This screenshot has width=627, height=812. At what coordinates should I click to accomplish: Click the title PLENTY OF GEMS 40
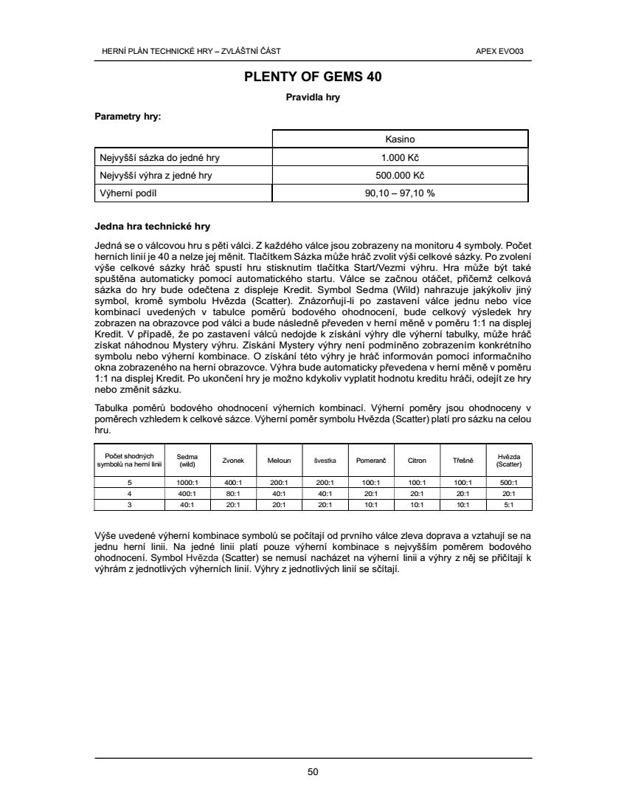pyautogui.click(x=313, y=76)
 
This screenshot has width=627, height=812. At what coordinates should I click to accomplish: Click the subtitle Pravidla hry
pyautogui.click(x=313, y=97)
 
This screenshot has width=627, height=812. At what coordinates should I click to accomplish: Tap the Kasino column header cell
pyautogui.click(x=400, y=139)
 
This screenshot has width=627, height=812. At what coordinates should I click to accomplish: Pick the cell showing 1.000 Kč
pyautogui.click(x=400, y=157)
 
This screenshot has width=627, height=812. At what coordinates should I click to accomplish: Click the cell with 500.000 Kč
pyautogui.click(x=400, y=176)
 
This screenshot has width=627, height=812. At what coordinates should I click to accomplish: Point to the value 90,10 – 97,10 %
pyautogui.click(x=400, y=193)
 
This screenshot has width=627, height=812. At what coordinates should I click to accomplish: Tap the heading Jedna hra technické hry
pyautogui.click(x=153, y=226)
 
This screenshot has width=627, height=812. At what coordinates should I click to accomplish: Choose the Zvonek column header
pyautogui.click(x=233, y=460)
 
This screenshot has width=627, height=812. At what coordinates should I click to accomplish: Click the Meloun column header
pyautogui.click(x=279, y=460)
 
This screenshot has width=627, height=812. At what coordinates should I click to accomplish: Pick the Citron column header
pyautogui.click(x=417, y=460)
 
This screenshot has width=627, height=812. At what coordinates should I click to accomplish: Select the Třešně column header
pyautogui.click(x=463, y=460)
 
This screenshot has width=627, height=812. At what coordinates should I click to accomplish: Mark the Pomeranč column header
pyautogui.click(x=371, y=460)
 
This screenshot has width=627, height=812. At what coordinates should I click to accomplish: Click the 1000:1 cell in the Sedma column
pyautogui.click(x=187, y=483)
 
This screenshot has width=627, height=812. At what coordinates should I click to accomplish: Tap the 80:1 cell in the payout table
pyautogui.click(x=233, y=494)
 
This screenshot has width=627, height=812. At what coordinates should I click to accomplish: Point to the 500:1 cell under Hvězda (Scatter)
pyautogui.click(x=509, y=483)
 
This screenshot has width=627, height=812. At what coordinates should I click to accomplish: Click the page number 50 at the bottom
pyautogui.click(x=313, y=772)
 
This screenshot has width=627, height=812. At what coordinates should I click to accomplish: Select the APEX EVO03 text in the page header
pyautogui.click(x=505, y=51)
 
